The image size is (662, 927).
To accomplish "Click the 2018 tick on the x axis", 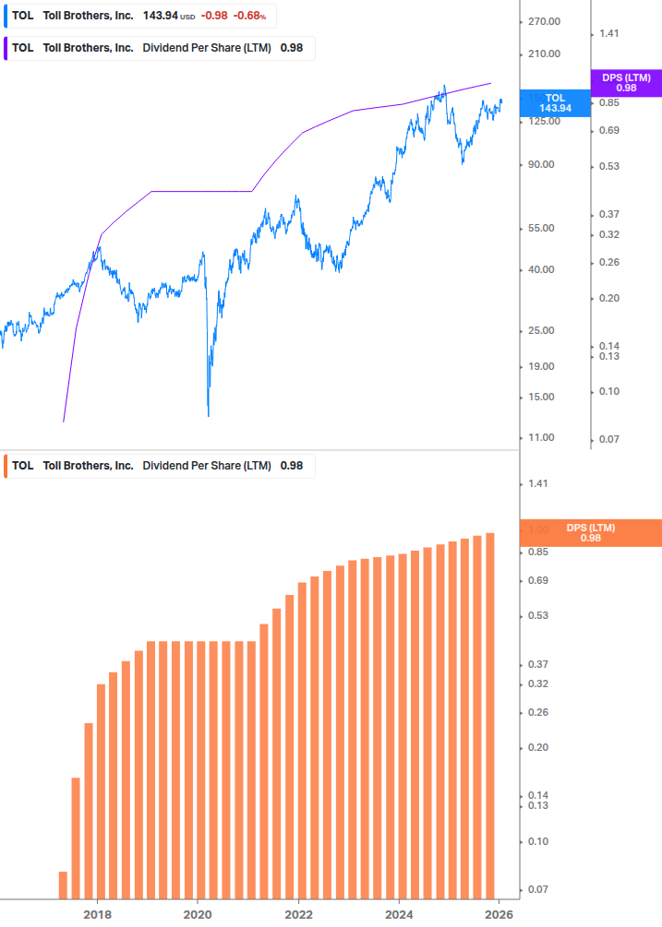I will coord(97,913).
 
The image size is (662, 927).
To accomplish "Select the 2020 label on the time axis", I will coord(198,913).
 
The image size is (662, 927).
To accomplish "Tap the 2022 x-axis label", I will coord(298,913).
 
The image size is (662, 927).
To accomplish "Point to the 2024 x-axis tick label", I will coord(399,913).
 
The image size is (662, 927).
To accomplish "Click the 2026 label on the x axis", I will coord(499,913).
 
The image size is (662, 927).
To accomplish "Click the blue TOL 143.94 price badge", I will coord(555,103).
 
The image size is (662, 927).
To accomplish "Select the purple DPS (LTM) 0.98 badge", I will coord(625,83).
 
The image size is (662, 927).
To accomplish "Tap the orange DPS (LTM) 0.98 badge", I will coord(591,533).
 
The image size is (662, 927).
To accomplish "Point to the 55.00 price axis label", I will coord(542,228).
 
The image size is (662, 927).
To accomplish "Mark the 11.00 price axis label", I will coord(542,437).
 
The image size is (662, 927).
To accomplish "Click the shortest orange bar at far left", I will coord(64,885).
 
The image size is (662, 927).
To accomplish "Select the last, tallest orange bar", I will coord(490,715).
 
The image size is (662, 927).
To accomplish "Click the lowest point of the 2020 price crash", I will coord(208,415).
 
